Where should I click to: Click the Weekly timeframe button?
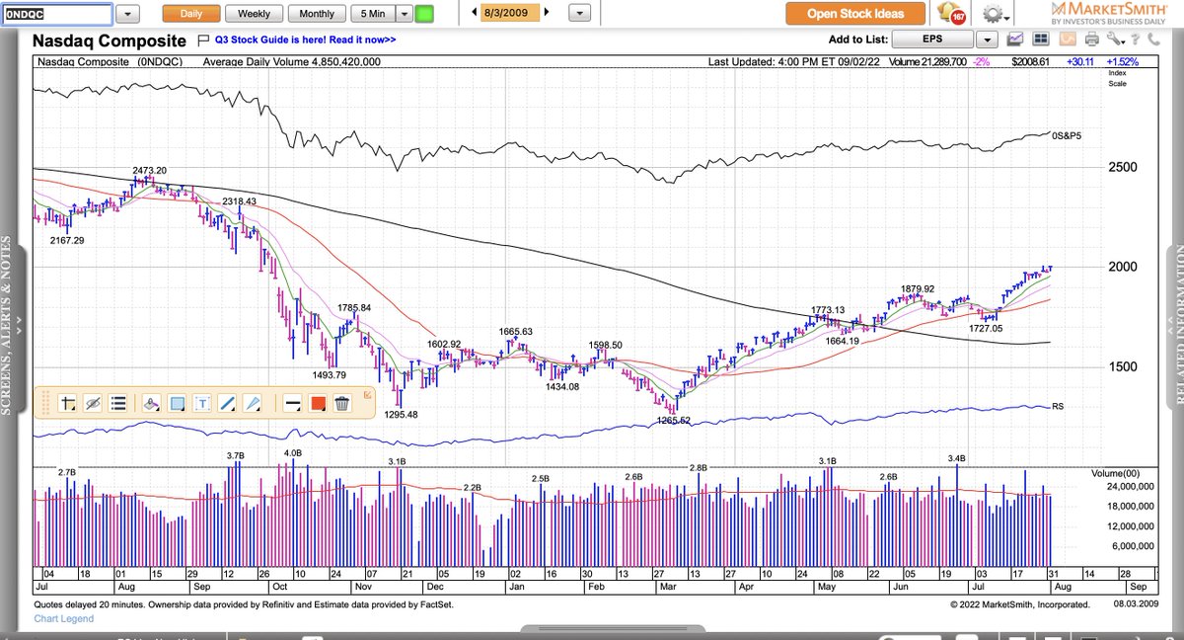255,14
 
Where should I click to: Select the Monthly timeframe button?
317,14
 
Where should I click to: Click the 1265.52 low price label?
675,421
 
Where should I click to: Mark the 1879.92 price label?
917,289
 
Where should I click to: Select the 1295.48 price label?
401,415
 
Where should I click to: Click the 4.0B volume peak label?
292,453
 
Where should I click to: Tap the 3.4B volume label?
956,458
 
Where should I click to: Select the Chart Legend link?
64,619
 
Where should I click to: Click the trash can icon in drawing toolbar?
341,403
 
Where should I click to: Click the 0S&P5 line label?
1066,134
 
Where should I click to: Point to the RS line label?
1058,406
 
